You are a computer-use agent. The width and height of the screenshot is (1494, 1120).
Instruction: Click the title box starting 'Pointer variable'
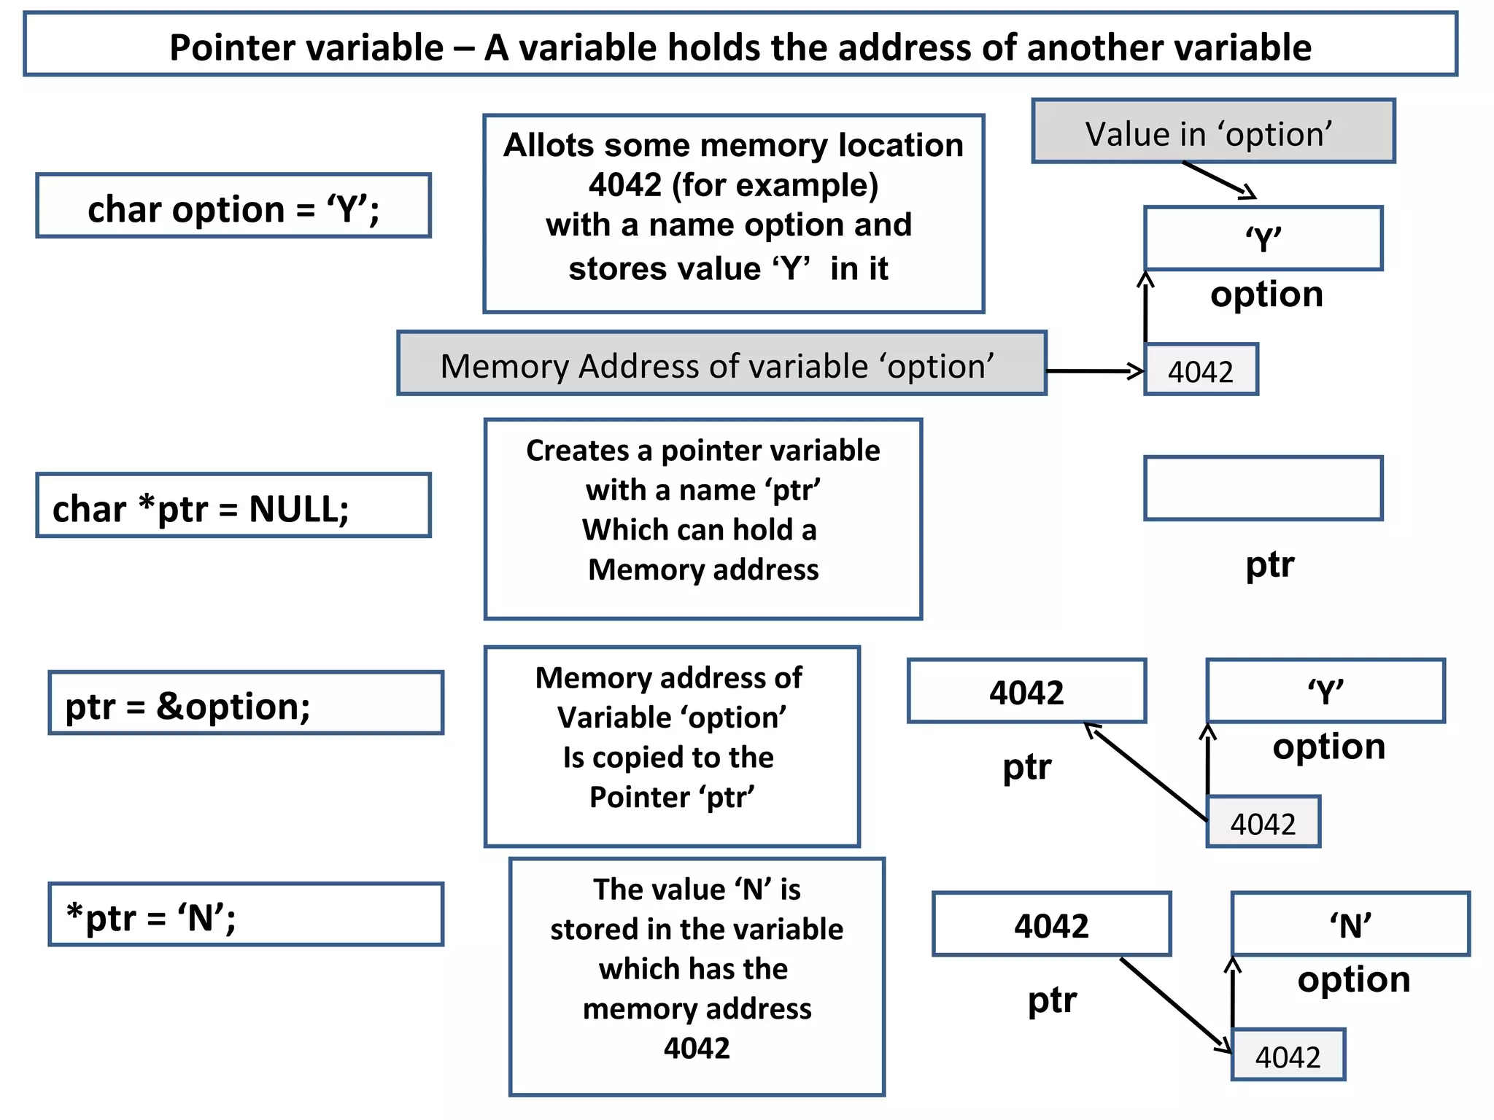coord(740,45)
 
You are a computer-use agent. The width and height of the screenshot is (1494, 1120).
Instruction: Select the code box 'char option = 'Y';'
coord(233,206)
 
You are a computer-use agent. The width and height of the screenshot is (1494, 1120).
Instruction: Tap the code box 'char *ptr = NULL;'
coord(233,506)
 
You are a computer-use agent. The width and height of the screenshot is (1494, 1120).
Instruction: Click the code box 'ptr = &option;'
coord(245,703)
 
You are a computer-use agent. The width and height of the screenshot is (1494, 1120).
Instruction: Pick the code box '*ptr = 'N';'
coord(245,914)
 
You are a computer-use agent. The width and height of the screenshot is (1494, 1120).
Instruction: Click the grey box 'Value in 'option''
coord(1212,131)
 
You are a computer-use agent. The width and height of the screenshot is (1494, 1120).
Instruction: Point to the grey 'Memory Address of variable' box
coord(721,363)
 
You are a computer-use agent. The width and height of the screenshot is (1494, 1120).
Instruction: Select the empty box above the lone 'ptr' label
coord(1263,489)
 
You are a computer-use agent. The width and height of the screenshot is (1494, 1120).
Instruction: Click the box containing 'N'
coord(1350,924)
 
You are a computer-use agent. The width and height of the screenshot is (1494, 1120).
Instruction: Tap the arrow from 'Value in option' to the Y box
coord(1218,179)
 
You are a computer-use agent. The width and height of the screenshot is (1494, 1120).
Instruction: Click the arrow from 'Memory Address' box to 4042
coord(1094,371)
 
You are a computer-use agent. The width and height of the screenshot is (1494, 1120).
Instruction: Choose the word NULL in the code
coord(298,508)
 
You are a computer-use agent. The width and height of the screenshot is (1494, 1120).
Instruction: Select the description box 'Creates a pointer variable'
coord(703,519)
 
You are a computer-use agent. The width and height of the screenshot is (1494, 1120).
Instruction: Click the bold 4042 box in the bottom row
coord(1051,924)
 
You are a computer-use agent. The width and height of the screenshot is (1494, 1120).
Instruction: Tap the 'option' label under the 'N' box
coord(1354,979)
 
